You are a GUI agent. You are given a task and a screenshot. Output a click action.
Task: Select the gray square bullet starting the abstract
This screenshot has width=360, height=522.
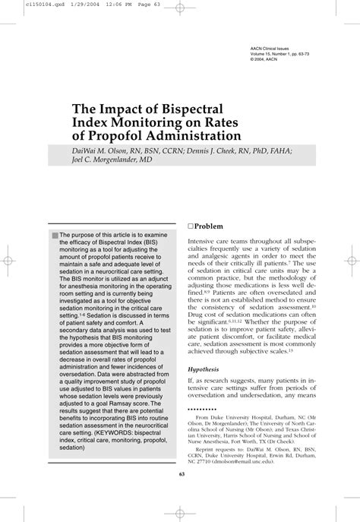tap(55, 236)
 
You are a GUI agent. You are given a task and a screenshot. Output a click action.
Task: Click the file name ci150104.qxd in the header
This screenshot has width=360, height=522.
tap(22, 5)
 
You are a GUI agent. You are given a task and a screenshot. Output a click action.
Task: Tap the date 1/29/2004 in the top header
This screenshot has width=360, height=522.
tap(60, 5)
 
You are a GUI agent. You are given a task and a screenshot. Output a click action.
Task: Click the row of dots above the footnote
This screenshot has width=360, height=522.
tap(200, 408)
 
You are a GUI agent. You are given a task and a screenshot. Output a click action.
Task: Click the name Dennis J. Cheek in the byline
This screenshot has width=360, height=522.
tap(218, 150)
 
